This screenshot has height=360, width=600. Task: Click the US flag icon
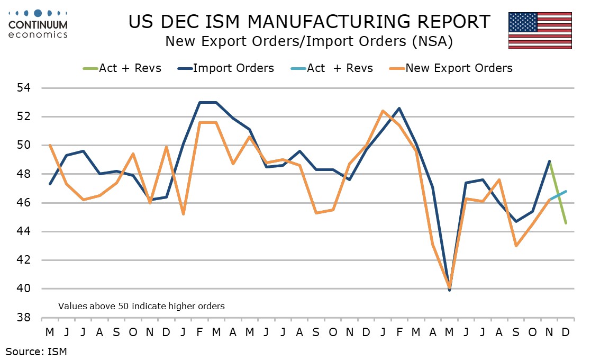[540, 30]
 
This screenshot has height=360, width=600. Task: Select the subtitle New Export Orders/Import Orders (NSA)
[308, 41]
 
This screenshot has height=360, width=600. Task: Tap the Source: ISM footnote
[37, 350]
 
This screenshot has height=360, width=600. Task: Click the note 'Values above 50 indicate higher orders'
[141, 306]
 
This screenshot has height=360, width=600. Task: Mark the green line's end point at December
[566, 223]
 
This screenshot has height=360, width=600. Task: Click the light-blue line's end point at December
[566, 191]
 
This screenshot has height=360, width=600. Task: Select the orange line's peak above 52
[382, 111]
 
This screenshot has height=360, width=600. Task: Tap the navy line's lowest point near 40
[450, 290]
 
